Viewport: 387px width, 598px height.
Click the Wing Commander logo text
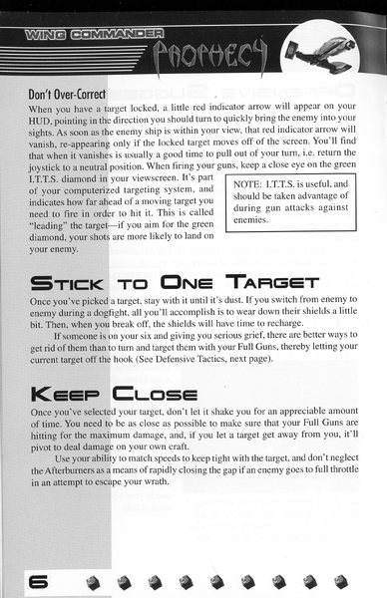click(x=95, y=34)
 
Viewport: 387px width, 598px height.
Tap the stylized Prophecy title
click(x=209, y=57)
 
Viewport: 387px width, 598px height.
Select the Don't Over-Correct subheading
click(x=67, y=95)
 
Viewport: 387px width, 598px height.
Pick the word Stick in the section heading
click(x=68, y=283)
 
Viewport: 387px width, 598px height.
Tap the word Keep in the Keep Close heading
click(x=66, y=395)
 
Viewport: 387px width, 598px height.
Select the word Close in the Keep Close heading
click(x=155, y=395)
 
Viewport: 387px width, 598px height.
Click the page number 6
click(x=39, y=582)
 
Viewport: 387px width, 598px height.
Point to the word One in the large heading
click(x=187, y=283)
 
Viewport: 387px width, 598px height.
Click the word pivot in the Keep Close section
click(x=40, y=448)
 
